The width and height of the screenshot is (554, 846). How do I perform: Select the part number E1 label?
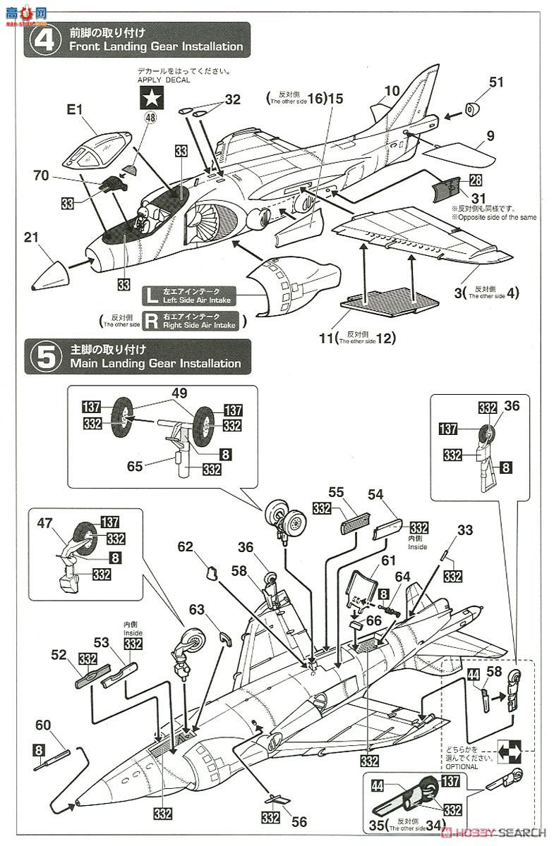(75, 110)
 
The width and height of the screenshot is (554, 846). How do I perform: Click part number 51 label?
(497, 82)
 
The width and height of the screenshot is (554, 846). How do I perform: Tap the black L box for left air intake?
(150, 295)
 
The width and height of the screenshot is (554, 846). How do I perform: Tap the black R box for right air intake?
(150, 321)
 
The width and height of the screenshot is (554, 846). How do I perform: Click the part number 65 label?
(134, 466)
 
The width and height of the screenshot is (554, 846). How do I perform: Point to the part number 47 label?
(45, 523)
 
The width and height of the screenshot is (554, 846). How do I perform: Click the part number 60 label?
(44, 725)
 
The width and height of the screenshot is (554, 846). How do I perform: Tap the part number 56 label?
(299, 821)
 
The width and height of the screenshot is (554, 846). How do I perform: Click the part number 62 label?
(186, 546)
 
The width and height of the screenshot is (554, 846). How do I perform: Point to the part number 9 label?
(490, 136)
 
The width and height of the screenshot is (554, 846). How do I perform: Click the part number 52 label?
(59, 654)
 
